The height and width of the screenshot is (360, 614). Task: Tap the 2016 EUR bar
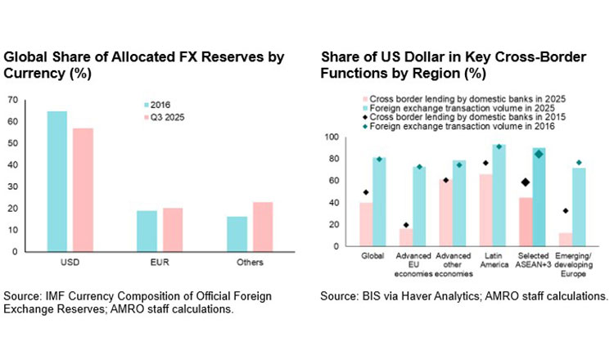[147, 231]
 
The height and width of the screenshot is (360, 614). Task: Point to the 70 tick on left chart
[11, 100]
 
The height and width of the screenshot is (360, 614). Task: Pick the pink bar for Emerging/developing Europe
[564, 239]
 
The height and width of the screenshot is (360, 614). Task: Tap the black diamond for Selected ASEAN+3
[525, 182]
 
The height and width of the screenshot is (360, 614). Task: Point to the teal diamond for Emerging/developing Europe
[579, 163]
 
